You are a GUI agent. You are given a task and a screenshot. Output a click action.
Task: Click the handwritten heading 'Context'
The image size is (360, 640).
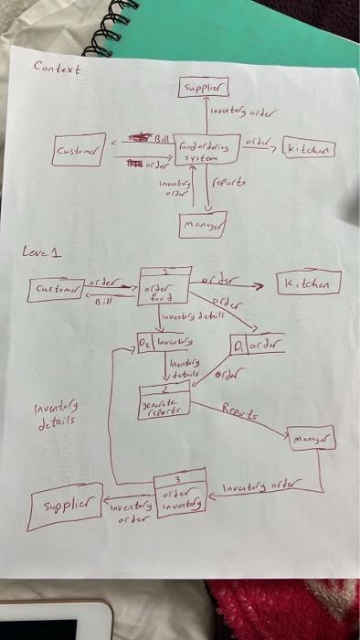pyautogui.click(x=57, y=67)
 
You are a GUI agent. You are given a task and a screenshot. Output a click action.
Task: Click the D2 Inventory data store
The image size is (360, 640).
pyautogui.click(x=166, y=345)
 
